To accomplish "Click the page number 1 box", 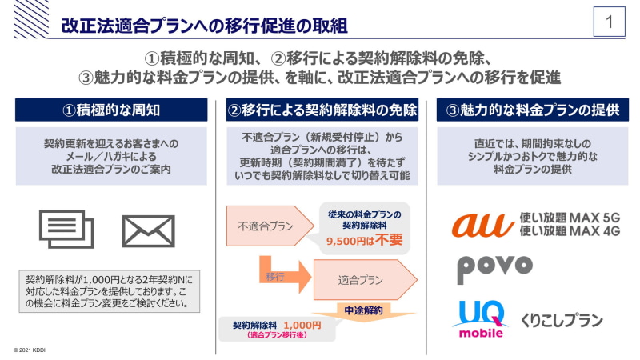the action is point(609,22).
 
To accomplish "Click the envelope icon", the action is point(148,231).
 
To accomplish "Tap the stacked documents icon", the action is point(66,229).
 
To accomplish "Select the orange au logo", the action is point(483,225).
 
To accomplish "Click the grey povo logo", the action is point(494,269).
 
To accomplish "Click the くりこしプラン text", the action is point(562,321).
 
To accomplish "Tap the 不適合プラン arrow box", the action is point(270,226).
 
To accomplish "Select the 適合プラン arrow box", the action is point(366,279).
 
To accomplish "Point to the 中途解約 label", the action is point(363,310).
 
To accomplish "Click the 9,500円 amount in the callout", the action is point(346,242).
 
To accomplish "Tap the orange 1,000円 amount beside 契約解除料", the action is point(302,326).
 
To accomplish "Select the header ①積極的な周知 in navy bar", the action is point(111,110).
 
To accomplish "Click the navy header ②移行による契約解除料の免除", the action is point(322,110).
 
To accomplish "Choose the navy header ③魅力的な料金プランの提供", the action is point(533,110).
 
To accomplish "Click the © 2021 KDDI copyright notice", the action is point(30,350).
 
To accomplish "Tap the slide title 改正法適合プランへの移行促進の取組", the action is point(205,26).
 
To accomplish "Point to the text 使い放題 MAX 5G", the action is point(570,218).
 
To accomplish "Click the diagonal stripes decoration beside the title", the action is point(31,19).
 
